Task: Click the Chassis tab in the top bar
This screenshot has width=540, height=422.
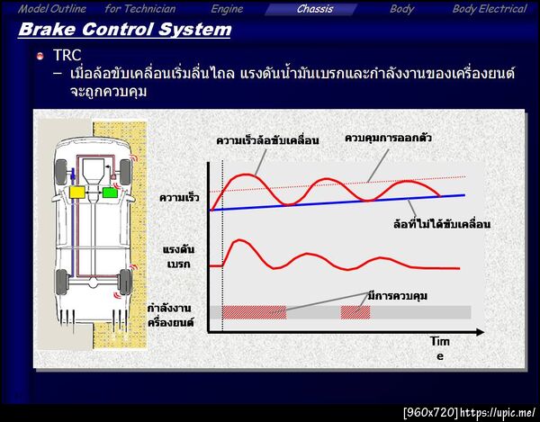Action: [x=314, y=9]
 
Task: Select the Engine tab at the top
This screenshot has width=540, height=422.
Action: [x=227, y=9]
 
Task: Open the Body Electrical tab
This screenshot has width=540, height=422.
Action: [x=489, y=9]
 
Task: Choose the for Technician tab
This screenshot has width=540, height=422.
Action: [x=139, y=9]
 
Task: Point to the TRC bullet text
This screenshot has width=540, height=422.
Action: [x=68, y=56]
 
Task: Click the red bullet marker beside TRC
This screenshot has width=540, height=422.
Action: [x=40, y=57]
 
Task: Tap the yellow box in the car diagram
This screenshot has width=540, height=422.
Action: [x=78, y=192]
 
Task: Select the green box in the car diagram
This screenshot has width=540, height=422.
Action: [x=109, y=192]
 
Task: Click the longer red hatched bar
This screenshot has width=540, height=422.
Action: [x=254, y=311]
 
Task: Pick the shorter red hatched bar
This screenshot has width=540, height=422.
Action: [x=355, y=311]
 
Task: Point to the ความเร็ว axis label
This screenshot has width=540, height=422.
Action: [x=179, y=197]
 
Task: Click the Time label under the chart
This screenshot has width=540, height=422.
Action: [x=439, y=349]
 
